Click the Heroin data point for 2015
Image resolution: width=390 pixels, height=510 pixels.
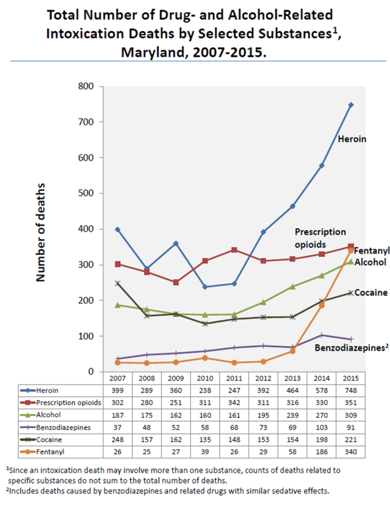351,105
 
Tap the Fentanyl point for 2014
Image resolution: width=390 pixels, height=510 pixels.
322,305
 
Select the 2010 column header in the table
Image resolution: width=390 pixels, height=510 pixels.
205,378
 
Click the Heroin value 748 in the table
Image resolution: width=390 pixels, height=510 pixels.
351,390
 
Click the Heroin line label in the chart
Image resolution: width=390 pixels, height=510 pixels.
352,139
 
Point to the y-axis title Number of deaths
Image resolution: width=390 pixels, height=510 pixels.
41,232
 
